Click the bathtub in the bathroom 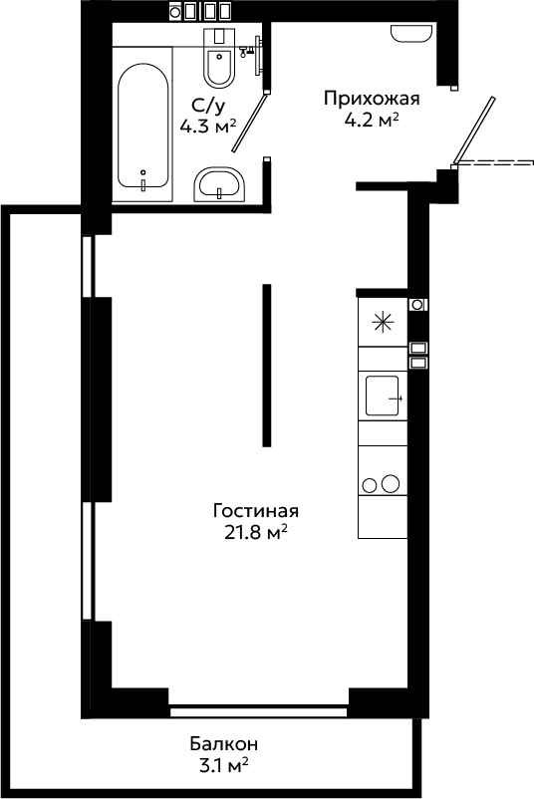click(x=142, y=125)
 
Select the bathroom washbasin click(x=219, y=184)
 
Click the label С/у click(x=208, y=106)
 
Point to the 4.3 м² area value click(x=208, y=126)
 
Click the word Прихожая click(x=372, y=98)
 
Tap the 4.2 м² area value click(x=372, y=121)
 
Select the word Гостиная click(x=256, y=511)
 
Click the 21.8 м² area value click(x=256, y=532)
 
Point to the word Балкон click(x=224, y=744)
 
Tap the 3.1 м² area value click(x=224, y=765)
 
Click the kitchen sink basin click(x=384, y=396)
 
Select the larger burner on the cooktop click(x=391, y=483)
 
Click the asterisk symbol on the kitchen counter click(x=383, y=323)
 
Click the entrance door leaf click(x=474, y=131)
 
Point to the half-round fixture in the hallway click(x=411, y=34)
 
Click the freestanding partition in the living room click(x=266, y=366)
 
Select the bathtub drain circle click(x=143, y=172)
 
